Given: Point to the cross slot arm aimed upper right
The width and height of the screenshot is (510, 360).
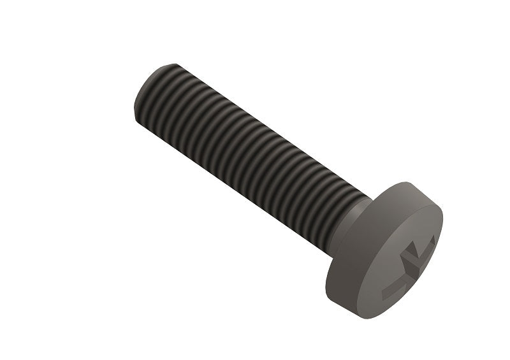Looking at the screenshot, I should coord(426,246).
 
